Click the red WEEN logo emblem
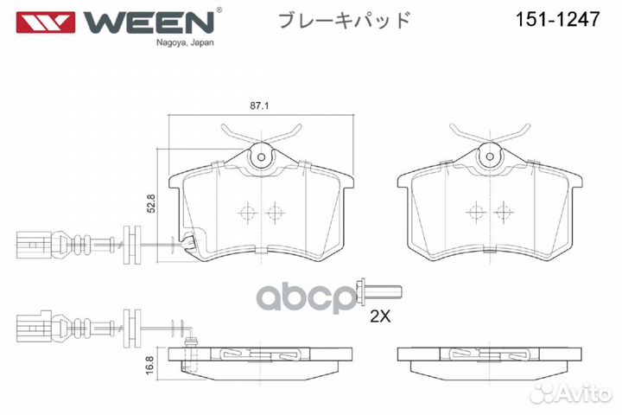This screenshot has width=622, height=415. (45, 22)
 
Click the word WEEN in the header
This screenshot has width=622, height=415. (149, 22)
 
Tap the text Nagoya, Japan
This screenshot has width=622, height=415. (185, 42)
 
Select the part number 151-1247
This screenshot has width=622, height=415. (557, 19)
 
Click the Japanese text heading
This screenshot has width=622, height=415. (345, 20)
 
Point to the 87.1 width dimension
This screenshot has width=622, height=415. (259, 105)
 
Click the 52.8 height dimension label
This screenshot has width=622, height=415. (151, 203)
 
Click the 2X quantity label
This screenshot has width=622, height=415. (380, 316)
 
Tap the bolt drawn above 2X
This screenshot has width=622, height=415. (379, 293)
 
